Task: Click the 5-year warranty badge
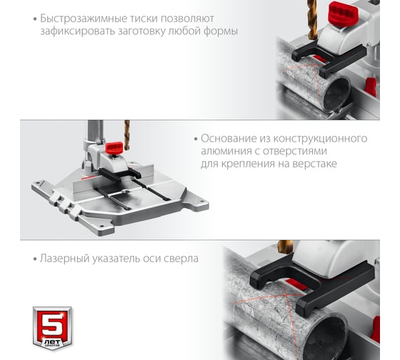tap(52, 328)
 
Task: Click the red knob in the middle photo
tap(114, 148)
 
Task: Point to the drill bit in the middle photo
tap(127, 135)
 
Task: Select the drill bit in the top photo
tap(312, 19)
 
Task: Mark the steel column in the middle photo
tap(96, 134)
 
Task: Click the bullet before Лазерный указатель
tap(35, 259)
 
